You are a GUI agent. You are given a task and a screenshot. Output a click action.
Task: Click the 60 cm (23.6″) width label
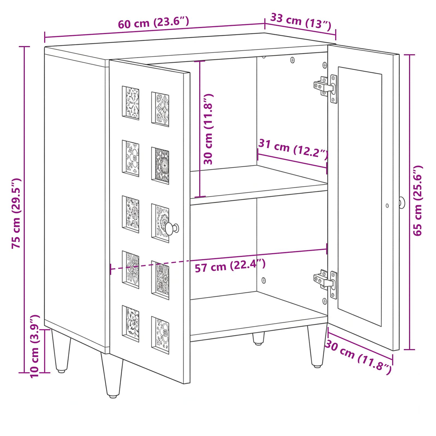coord(153,22)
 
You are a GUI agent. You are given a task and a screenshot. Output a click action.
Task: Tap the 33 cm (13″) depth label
coord(301,21)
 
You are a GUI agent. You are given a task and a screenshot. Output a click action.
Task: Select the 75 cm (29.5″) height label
coord(17,213)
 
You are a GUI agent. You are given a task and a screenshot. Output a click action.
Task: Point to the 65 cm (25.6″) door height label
coord(417,200)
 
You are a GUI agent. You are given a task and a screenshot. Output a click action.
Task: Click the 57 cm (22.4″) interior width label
coord(230,266)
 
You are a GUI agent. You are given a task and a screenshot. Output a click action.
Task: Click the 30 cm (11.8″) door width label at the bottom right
coord(358,357)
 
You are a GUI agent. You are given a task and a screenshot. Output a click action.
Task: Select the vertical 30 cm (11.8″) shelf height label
coord(208,129)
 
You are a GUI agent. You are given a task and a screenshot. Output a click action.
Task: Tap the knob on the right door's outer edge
coord(402,203)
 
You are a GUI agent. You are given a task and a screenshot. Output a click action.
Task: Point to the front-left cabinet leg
coord(112,374)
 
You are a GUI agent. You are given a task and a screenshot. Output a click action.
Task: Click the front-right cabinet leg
coord(317,346)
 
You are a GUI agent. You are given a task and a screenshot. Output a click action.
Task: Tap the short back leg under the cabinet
coord(258,338)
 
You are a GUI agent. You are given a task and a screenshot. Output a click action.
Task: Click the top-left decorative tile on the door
coord(131,103)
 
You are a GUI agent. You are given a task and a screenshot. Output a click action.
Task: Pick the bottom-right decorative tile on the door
coord(160,335)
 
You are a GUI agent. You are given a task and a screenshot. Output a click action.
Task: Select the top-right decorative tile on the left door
coord(160,109)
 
